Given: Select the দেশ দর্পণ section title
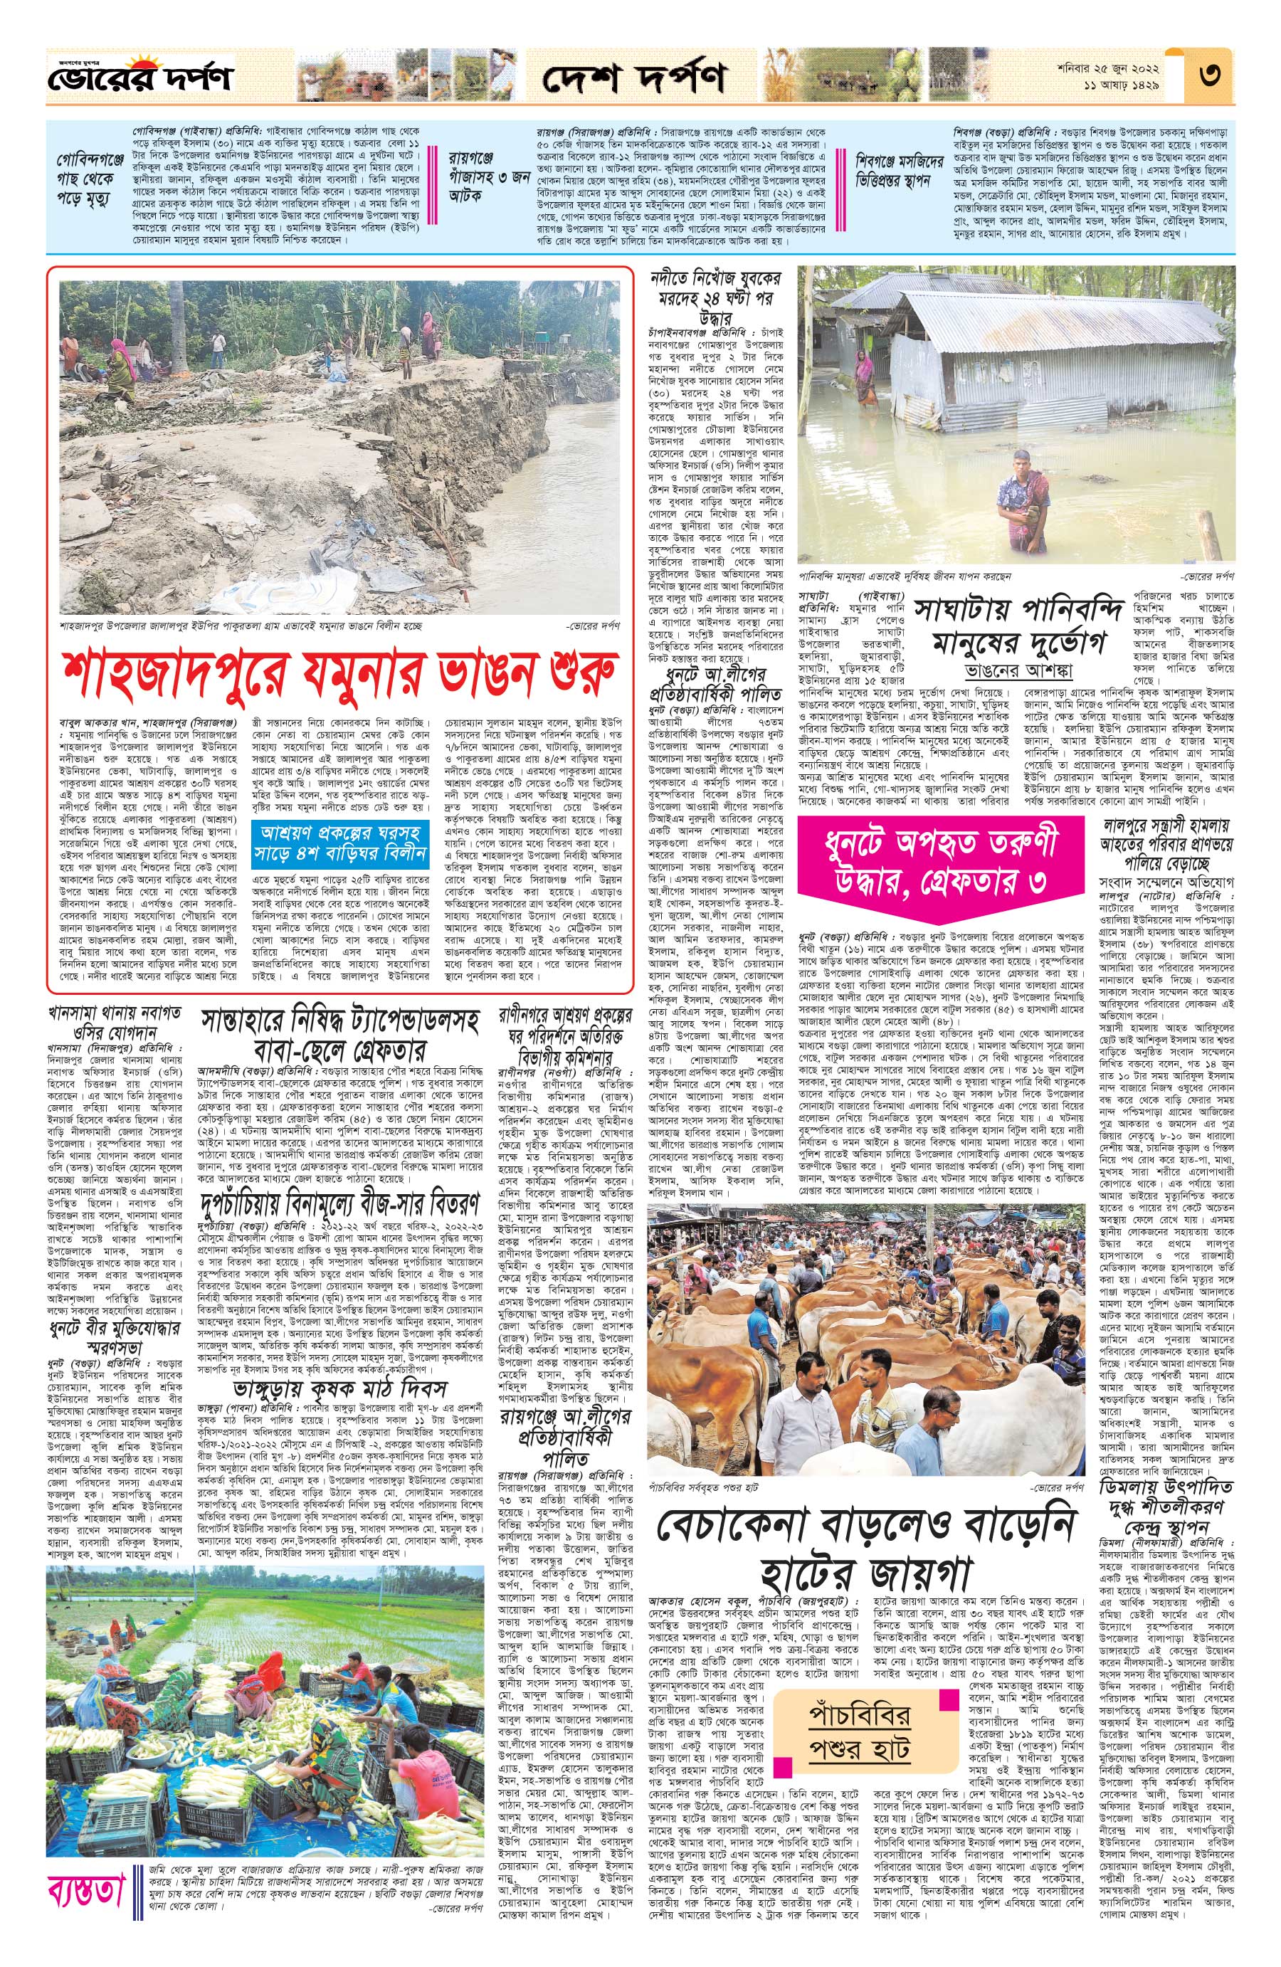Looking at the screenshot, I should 634,79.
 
